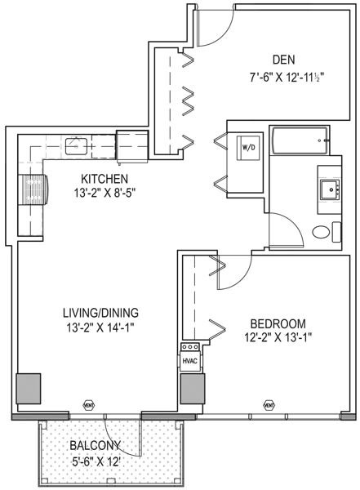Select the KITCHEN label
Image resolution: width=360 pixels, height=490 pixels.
click(x=103, y=179)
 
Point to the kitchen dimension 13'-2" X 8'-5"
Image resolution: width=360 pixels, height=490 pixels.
click(x=103, y=194)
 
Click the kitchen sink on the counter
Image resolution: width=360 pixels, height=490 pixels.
click(x=77, y=146)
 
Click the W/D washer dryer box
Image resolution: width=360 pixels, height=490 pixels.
click(x=247, y=148)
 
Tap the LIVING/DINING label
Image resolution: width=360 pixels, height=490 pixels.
click(x=102, y=312)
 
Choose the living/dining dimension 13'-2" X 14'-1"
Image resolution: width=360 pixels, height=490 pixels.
click(x=102, y=327)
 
